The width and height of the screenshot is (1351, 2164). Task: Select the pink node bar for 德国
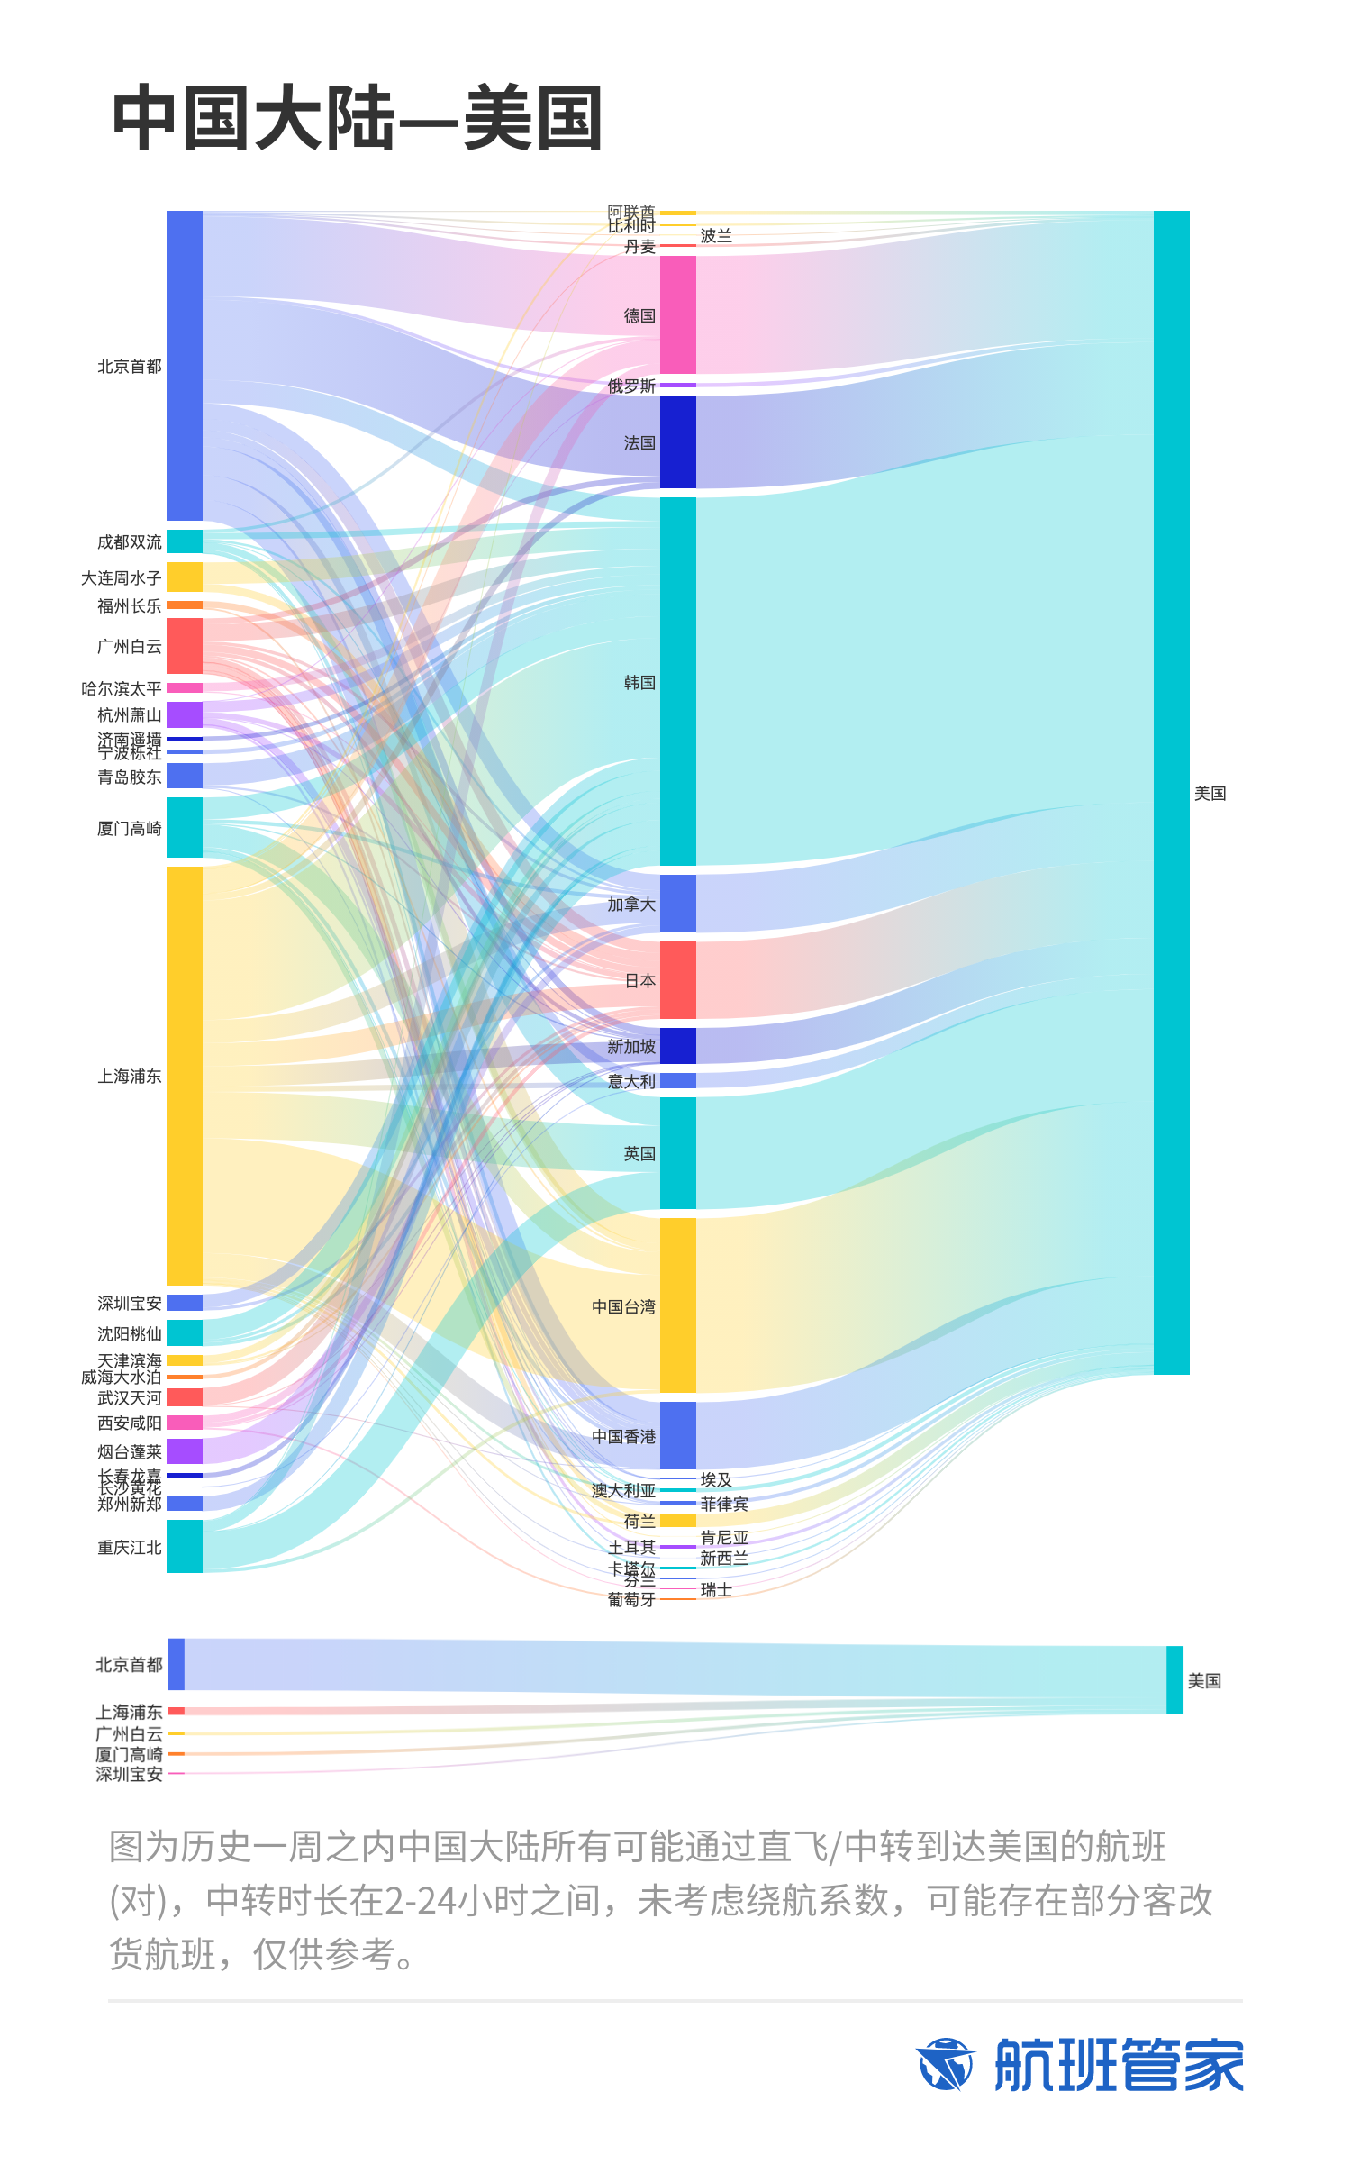point(677,314)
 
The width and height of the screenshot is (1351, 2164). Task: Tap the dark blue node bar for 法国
point(677,442)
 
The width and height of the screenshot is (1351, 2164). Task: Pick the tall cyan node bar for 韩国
point(677,681)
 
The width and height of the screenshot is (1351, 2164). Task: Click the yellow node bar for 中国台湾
point(677,1305)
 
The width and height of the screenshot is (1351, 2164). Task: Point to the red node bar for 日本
point(677,980)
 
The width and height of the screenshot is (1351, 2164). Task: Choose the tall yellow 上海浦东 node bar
point(185,1076)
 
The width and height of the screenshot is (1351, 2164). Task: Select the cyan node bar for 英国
point(677,1153)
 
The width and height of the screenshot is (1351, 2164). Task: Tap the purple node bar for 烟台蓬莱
point(185,1451)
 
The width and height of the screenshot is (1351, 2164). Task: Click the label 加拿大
point(630,905)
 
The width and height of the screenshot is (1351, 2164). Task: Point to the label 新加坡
point(630,1047)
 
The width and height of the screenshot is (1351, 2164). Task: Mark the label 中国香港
point(623,1437)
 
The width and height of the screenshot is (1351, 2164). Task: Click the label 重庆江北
point(130,1548)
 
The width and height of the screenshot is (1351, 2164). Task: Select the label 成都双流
point(130,542)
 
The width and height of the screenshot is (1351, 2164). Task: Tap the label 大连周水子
point(122,578)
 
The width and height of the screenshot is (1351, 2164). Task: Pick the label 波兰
point(716,236)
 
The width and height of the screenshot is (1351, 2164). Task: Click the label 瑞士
point(716,1590)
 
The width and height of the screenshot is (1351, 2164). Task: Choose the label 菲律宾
point(724,1505)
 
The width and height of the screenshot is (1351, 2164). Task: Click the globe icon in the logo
point(945,2065)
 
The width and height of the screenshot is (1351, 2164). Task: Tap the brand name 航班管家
point(1119,2065)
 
